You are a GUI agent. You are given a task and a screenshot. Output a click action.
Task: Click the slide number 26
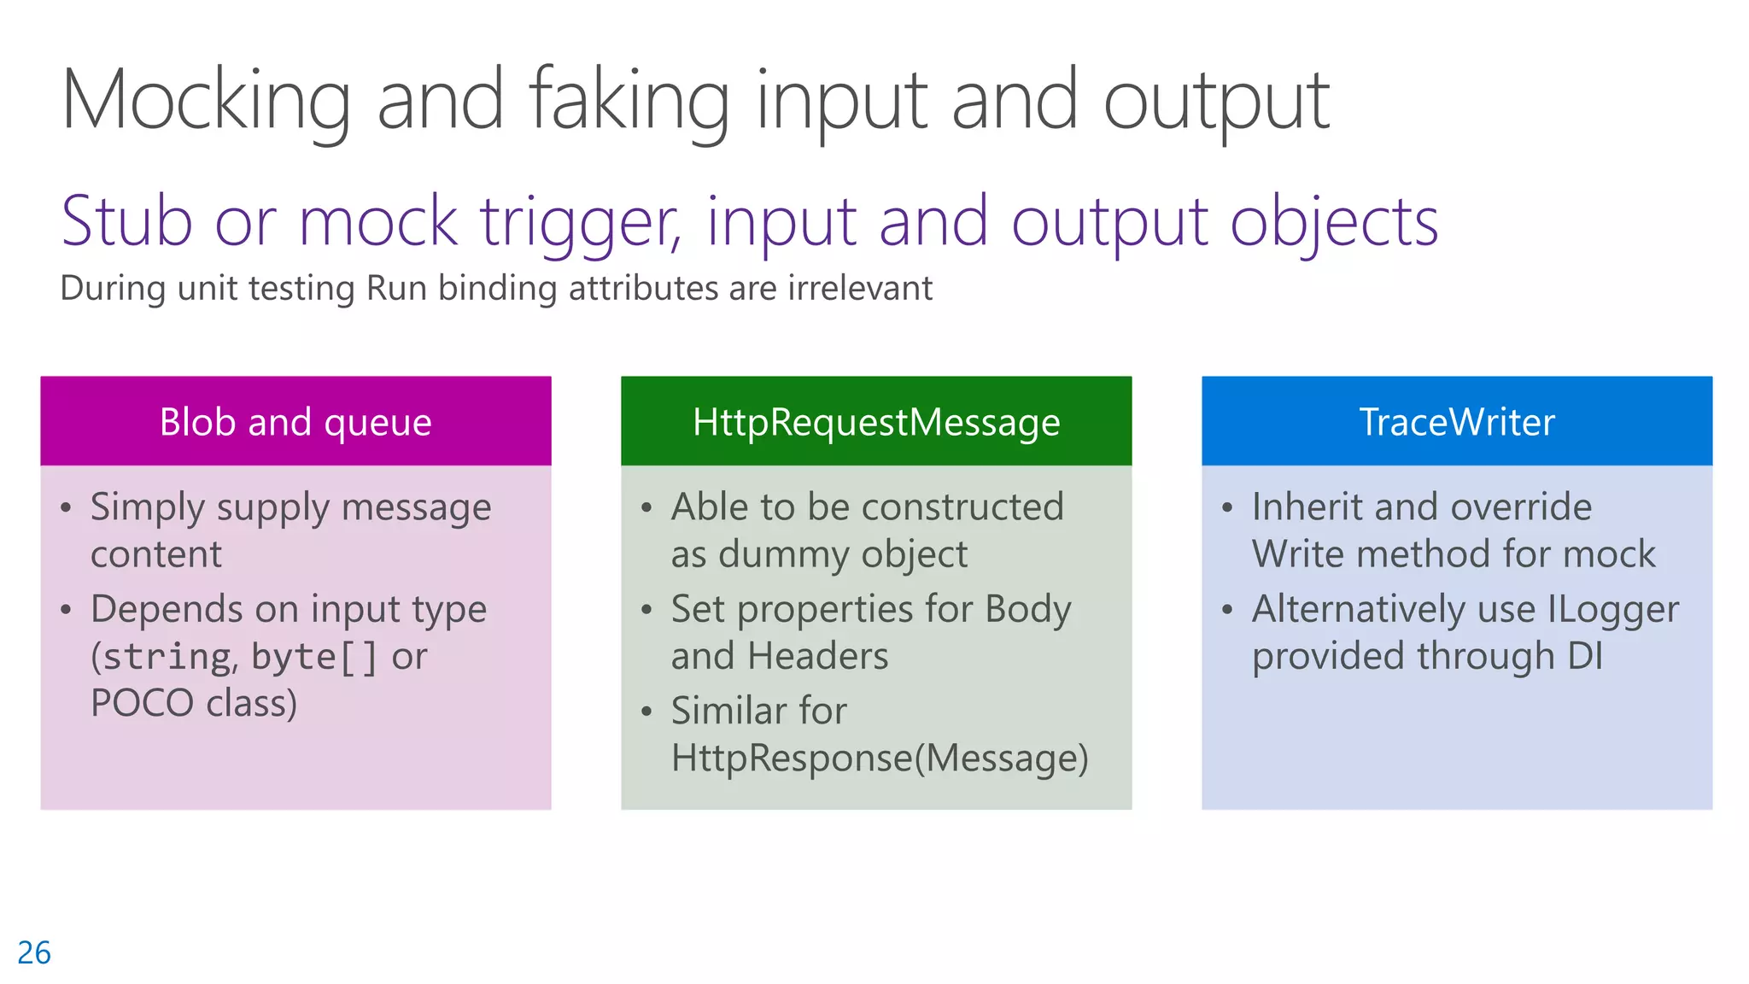tap(34, 952)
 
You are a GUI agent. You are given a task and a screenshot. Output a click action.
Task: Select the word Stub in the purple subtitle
tap(127, 222)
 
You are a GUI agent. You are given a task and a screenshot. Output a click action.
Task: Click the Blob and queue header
tap(295, 422)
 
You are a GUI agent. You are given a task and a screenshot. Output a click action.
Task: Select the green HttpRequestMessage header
tap(876, 422)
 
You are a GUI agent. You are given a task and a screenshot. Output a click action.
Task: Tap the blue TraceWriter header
tap(1457, 422)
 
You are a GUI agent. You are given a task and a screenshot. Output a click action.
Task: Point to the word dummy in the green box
tap(785, 555)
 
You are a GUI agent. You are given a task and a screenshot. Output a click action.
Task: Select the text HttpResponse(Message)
tap(880, 758)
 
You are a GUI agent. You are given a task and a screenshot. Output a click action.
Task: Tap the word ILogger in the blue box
tap(1612, 610)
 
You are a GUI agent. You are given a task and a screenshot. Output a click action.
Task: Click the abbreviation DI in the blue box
tap(1584, 657)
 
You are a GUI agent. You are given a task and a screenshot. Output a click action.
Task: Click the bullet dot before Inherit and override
tap(1227, 508)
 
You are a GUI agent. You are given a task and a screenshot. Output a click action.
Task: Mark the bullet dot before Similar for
tap(646, 712)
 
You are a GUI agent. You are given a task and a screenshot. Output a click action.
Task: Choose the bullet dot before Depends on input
tap(66, 610)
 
